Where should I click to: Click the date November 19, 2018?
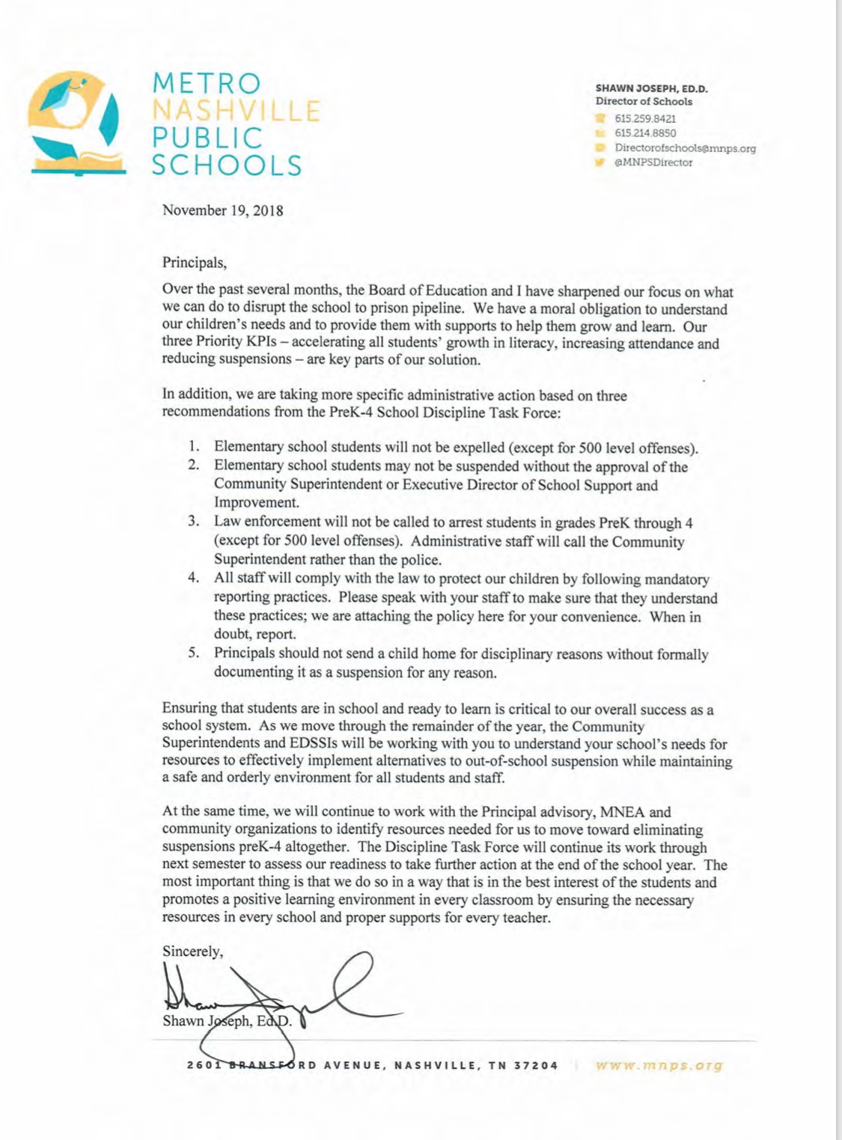223,210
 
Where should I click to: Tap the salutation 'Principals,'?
194,263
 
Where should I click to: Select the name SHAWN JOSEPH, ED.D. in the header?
651,88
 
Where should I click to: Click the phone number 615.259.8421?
645,118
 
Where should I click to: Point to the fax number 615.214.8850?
645,133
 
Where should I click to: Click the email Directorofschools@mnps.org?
685,148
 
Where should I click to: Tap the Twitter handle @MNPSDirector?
653,162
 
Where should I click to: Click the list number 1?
193,447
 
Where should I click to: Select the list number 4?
193,578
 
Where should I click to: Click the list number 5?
193,653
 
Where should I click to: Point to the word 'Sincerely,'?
192,951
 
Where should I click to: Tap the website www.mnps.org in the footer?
659,1065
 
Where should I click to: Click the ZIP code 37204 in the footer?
536,1066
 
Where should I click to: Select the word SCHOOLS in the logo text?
227,165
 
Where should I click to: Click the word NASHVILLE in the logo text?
237,111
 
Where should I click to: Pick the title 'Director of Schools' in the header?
644,102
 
